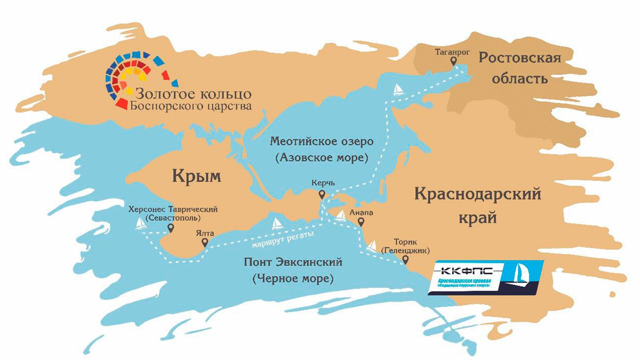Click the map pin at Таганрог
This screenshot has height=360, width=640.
point(454,61)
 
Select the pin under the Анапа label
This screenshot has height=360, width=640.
point(361,222)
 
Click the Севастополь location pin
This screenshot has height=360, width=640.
point(171,228)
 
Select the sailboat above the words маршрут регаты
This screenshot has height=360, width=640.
point(276,223)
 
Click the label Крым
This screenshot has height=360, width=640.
point(196,176)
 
